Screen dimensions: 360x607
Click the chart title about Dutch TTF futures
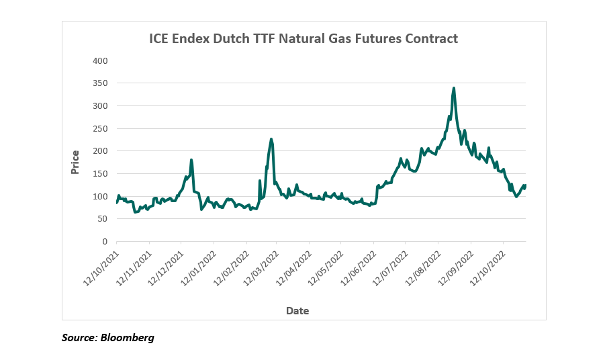click(x=303, y=38)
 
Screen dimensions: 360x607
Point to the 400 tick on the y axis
click(x=99, y=61)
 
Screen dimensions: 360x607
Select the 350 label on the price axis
click(x=99, y=84)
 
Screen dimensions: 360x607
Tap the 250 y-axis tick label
click(x=99, y=129)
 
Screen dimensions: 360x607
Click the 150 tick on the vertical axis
click(x=99, y=174)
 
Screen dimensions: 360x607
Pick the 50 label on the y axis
click(x=102, y=219)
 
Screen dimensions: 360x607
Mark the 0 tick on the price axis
click(x=105, y=242)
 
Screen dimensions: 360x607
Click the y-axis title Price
click(x=75, y=162)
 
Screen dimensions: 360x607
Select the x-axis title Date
click(x=297, y=311)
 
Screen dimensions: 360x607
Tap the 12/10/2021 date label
click(x=101, y=267)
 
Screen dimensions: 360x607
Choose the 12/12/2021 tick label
click(x=165, y=267)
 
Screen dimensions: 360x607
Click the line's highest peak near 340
click(x=454, y=88)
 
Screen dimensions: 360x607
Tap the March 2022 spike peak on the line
click(x=271, y=139)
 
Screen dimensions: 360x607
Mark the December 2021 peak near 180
click(x=191, y=160)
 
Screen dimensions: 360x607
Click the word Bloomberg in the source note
click(x=127, y=338)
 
